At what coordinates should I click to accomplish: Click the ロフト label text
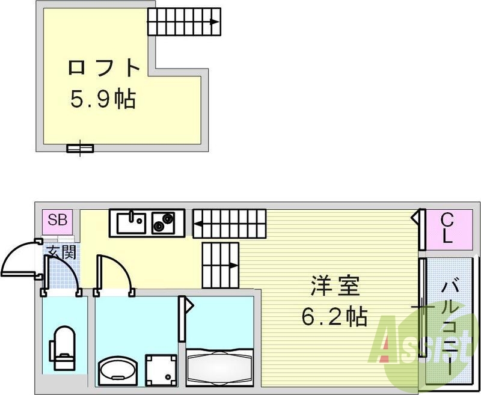point(104,67)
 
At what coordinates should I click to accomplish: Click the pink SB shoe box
point(58,220)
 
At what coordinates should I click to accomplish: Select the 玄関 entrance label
point(61,252)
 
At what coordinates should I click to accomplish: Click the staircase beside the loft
point(184,23)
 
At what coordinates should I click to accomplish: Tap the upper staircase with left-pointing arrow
point(230,222)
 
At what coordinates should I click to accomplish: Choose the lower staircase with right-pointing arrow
point(220,265)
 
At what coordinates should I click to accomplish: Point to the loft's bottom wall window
point(80,147)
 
